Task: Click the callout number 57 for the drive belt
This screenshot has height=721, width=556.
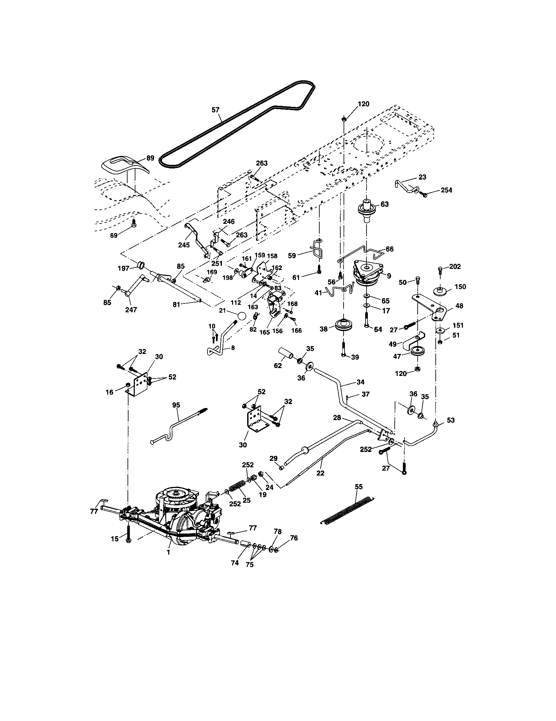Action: tap(215, 110)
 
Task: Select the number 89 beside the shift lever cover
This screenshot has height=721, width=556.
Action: tap(150, 158)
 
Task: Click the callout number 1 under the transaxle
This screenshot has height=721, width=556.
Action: tap(169, 552)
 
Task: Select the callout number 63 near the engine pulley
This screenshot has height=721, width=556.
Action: tap(385, 205)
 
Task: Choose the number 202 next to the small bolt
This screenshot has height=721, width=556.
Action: tap(455, 266)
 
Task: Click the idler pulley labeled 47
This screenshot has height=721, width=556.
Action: tap(418, 351)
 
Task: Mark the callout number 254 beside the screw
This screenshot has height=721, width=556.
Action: tap(447, 190)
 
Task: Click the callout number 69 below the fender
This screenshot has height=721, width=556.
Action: tap(113, 235)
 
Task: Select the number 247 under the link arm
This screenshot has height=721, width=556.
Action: tap(131, 310)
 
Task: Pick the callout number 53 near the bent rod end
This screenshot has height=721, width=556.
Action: tap(450, 420)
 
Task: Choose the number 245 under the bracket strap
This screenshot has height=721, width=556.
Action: tap(184, 245)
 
